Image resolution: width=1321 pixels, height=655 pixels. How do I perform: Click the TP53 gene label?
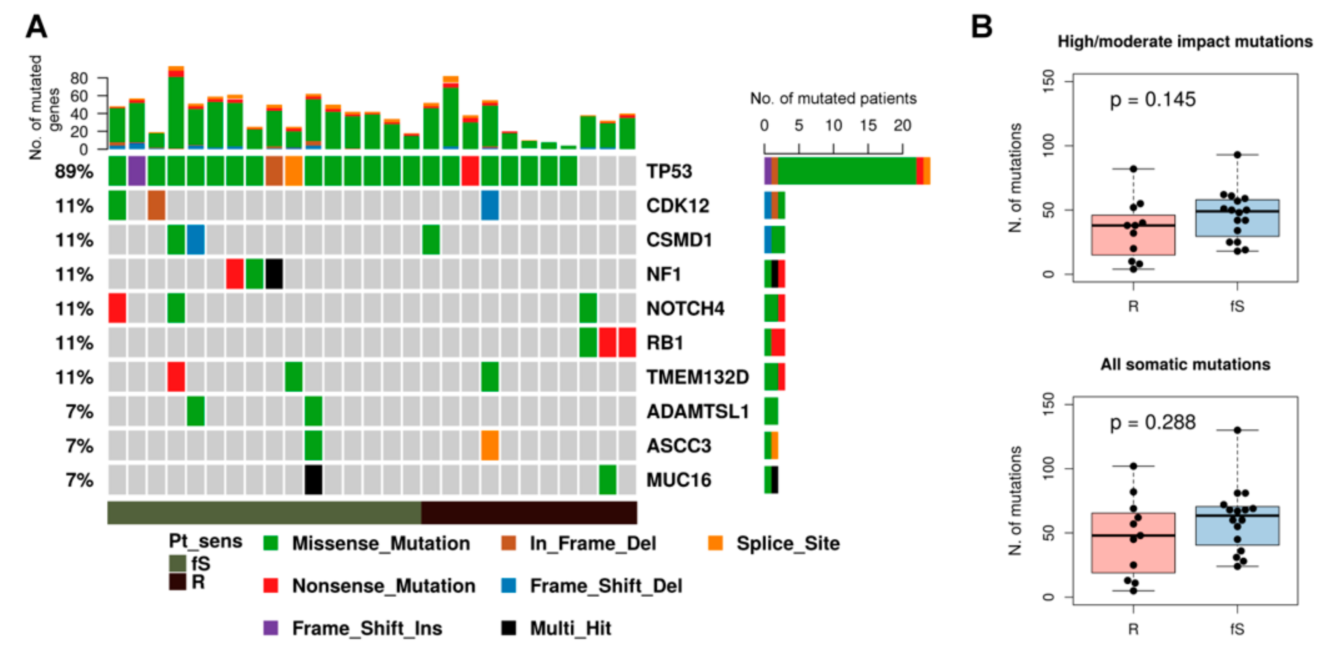pyautogui.click(x=669, y=171)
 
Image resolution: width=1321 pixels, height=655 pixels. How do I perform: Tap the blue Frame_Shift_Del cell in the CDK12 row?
pyautogui.click(x=490, y=206)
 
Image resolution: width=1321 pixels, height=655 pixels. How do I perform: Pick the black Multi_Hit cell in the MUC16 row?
pyautogui.click(x=313, y=480)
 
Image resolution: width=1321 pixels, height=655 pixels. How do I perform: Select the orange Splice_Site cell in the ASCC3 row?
pyautogui.click(x=490, y=445)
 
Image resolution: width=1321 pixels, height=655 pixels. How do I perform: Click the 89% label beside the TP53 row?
pyautogui.click(x=74, y=172)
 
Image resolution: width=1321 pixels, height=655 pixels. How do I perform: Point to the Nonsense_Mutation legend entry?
pyautogui.click(x=383, y=585)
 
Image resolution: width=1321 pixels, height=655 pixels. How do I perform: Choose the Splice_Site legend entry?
pyautogui.click(x=787, y=543)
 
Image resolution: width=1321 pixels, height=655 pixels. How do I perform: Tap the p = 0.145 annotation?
pyautogui.click(x=1152, y=100)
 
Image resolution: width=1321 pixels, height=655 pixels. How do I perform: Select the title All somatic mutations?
pyautogui.click(x=1185, y=364)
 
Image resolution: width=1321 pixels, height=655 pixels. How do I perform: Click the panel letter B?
pyautogui.click(x=982, y=27)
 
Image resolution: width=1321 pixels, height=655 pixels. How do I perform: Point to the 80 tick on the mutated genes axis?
pyautogui.click(x=79, y=78)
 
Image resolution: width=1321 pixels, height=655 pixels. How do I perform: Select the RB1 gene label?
pyautogui.click(x=664, y=343)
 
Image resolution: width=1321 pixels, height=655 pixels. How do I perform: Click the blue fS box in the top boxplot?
pyautogui.click(x=1237, y=218)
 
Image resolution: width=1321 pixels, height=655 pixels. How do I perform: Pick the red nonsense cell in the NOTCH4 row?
pyautogui.click(x=117, y=309)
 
